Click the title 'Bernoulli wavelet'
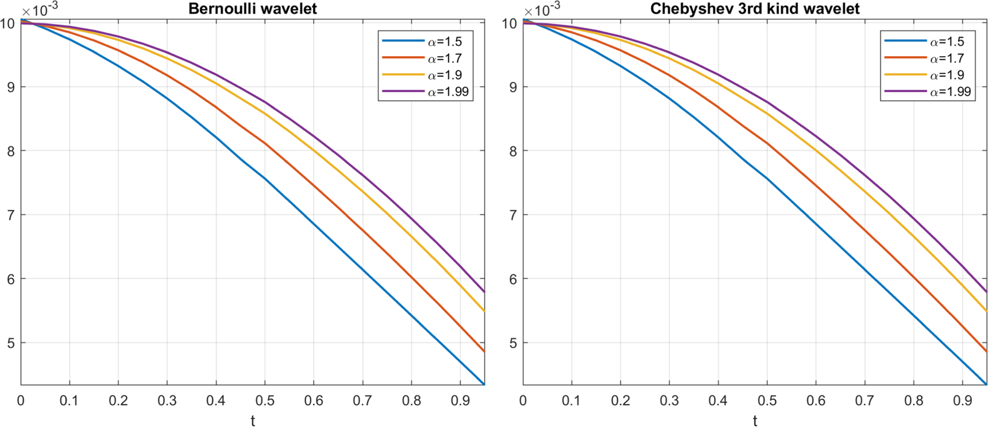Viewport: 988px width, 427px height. [252, 9]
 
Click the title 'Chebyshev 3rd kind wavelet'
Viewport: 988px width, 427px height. [755, 9]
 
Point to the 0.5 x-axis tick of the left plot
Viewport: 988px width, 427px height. [265, 401]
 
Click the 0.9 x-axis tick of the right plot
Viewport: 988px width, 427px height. [962, 401]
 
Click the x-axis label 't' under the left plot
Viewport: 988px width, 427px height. [253, 421]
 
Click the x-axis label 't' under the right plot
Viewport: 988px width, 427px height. [755, 421]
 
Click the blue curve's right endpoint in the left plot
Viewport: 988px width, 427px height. [484, 384]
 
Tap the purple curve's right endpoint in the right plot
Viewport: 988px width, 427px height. [986, 292]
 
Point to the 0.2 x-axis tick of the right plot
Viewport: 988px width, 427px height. [620, 401]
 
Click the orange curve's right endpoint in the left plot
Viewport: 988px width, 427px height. [484, 351]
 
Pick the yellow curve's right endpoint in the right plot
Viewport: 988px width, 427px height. [986, 311]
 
